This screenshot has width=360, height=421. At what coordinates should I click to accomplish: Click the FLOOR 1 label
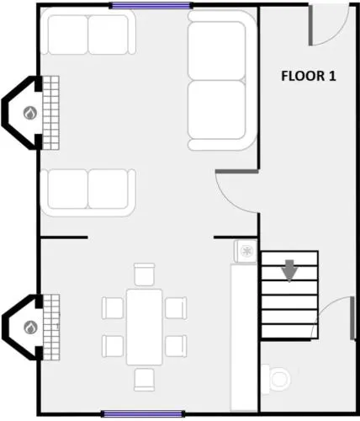[309, 76]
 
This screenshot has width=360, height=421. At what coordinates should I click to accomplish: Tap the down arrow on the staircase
[289, 270]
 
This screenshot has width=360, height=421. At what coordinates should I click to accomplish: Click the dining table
[144, 327]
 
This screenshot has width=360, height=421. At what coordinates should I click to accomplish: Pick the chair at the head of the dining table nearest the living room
[144, 274]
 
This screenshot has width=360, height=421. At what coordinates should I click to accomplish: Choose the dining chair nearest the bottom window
[144, 380]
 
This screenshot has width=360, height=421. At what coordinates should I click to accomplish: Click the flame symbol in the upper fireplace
[30, 113]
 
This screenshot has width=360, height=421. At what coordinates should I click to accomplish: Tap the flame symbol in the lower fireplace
[30, 328]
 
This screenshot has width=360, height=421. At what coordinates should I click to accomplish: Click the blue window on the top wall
[151, 6]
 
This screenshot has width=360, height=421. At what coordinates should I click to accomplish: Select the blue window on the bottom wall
[143, 413]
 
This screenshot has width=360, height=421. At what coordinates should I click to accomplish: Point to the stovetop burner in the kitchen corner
[246, 251]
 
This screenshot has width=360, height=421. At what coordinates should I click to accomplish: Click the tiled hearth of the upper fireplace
[50, 113]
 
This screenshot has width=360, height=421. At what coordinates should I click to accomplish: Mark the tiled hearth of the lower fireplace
[51, 328]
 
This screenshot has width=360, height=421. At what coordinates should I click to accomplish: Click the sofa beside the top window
[88, 31]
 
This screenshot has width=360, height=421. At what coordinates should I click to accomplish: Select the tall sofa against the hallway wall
[222, 80]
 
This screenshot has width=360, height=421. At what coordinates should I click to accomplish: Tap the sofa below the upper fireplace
[88, 193]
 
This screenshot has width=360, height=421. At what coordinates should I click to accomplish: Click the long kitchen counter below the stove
[244, 338]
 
